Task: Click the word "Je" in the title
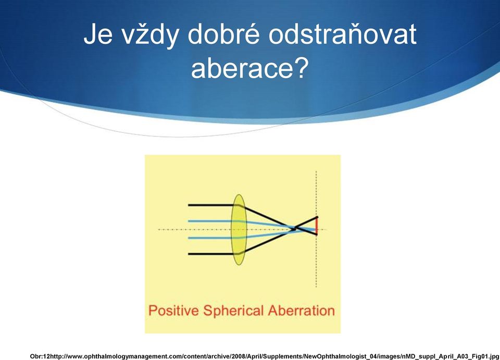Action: click(x=98, y=34)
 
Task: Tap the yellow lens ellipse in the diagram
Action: click(x=239, y=230)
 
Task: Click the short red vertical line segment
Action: click(x=317, y=226)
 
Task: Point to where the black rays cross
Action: click(x=295, y=228)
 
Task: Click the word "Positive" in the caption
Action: click(x=174, y=311)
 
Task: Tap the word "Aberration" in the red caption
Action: click(x=302, y=311)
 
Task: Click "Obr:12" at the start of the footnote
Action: click(x=41, y=356)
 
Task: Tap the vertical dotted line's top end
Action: click(x=316, y=171)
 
